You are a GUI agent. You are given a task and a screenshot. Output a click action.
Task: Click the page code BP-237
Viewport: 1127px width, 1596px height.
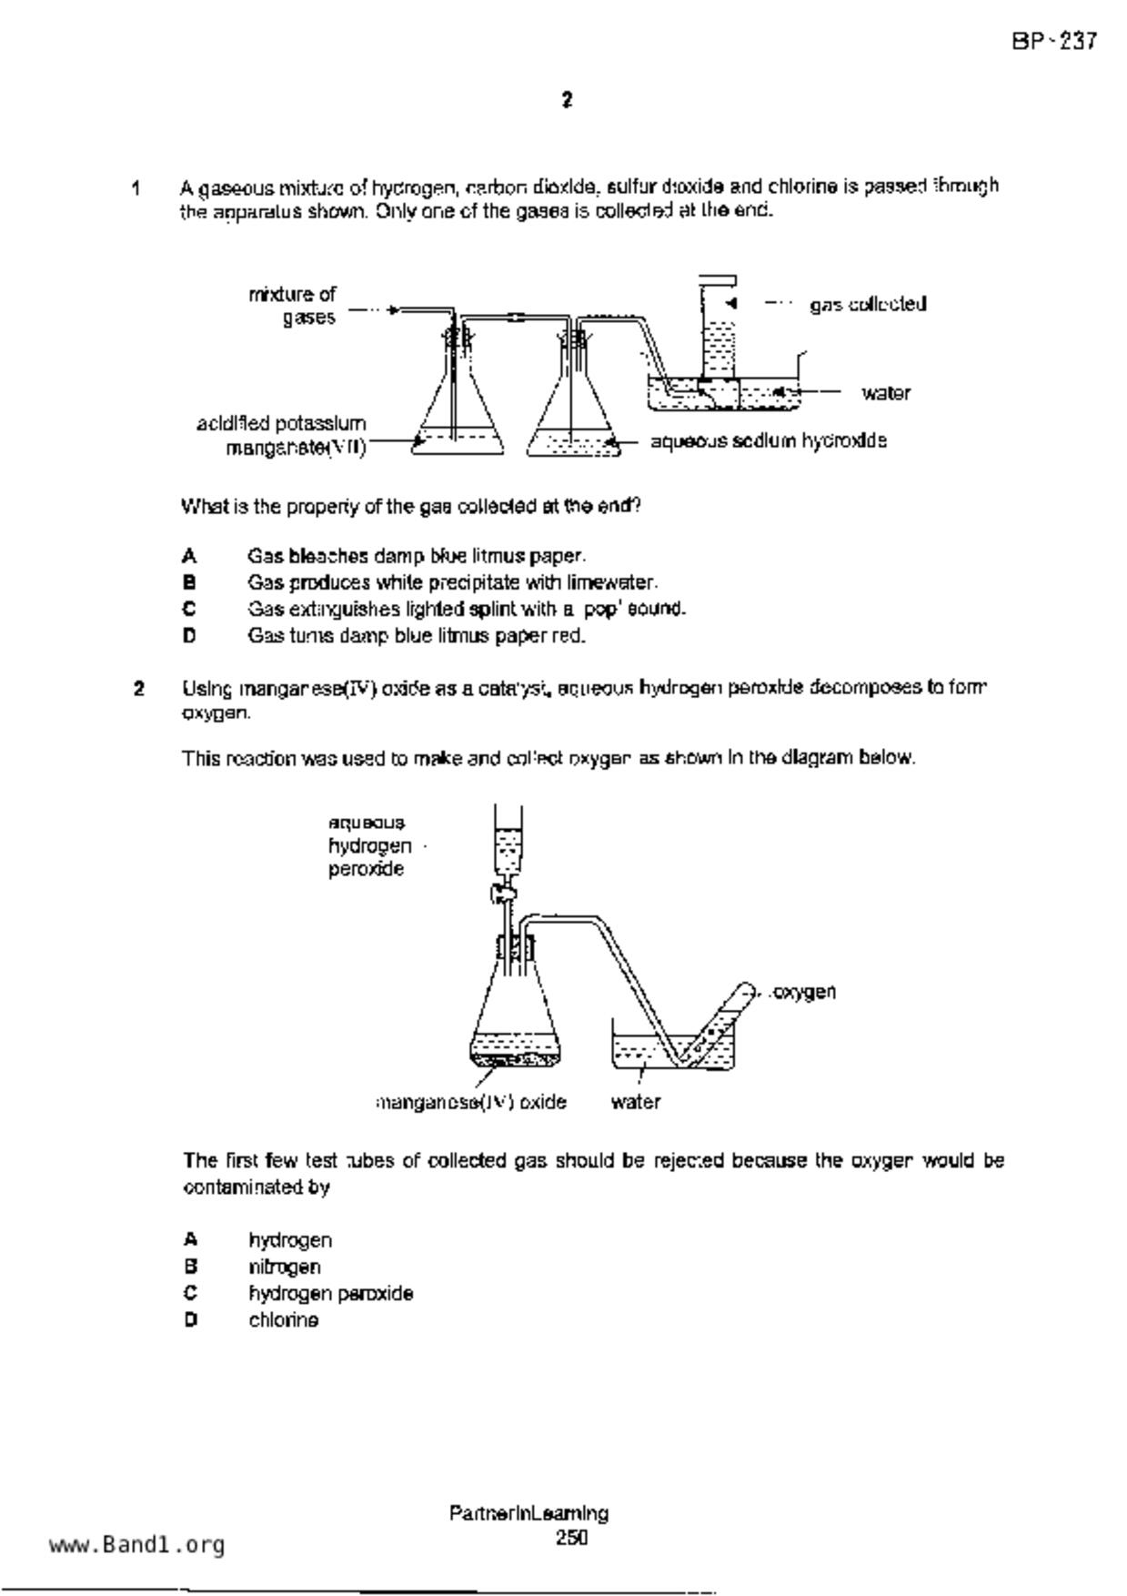(1054, 41)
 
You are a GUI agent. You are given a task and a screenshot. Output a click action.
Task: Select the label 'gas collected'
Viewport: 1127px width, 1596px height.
(868, 304)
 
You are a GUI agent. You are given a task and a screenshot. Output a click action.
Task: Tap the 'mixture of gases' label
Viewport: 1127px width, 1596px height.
(293, 306)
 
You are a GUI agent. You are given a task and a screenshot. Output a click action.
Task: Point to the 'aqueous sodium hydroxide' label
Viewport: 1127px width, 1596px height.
(769, 441)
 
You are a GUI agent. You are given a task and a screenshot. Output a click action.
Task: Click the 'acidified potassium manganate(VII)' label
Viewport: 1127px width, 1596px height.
(282, 436)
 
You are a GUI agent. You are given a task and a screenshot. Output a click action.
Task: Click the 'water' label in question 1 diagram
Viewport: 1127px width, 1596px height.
(886, 393)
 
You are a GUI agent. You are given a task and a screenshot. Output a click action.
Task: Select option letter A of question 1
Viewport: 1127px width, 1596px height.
(189, 555)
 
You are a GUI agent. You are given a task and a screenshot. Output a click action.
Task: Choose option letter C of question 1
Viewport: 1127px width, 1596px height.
(189, 609)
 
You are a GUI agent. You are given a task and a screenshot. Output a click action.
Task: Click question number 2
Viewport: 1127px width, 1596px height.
(138, 688)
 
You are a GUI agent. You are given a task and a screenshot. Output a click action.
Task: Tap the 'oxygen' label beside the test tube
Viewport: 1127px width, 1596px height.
(803, 991)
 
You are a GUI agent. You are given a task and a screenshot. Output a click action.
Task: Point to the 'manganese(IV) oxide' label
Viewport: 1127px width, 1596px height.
(471, 1102)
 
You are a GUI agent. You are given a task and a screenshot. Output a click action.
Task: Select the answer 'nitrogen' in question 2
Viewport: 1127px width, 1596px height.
(285, 1267)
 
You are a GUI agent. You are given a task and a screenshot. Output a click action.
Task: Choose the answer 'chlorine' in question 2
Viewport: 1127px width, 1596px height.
(284, 1320)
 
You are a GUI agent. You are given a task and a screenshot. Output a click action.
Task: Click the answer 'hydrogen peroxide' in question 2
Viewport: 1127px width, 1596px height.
(331, 1293)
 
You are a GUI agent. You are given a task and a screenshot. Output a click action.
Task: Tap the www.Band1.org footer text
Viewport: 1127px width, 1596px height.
(136, 1545)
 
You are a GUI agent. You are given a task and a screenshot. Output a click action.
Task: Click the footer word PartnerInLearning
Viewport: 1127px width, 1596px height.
(528, 1513)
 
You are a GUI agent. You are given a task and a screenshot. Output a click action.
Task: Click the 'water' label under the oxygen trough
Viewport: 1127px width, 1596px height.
(635, 1102)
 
